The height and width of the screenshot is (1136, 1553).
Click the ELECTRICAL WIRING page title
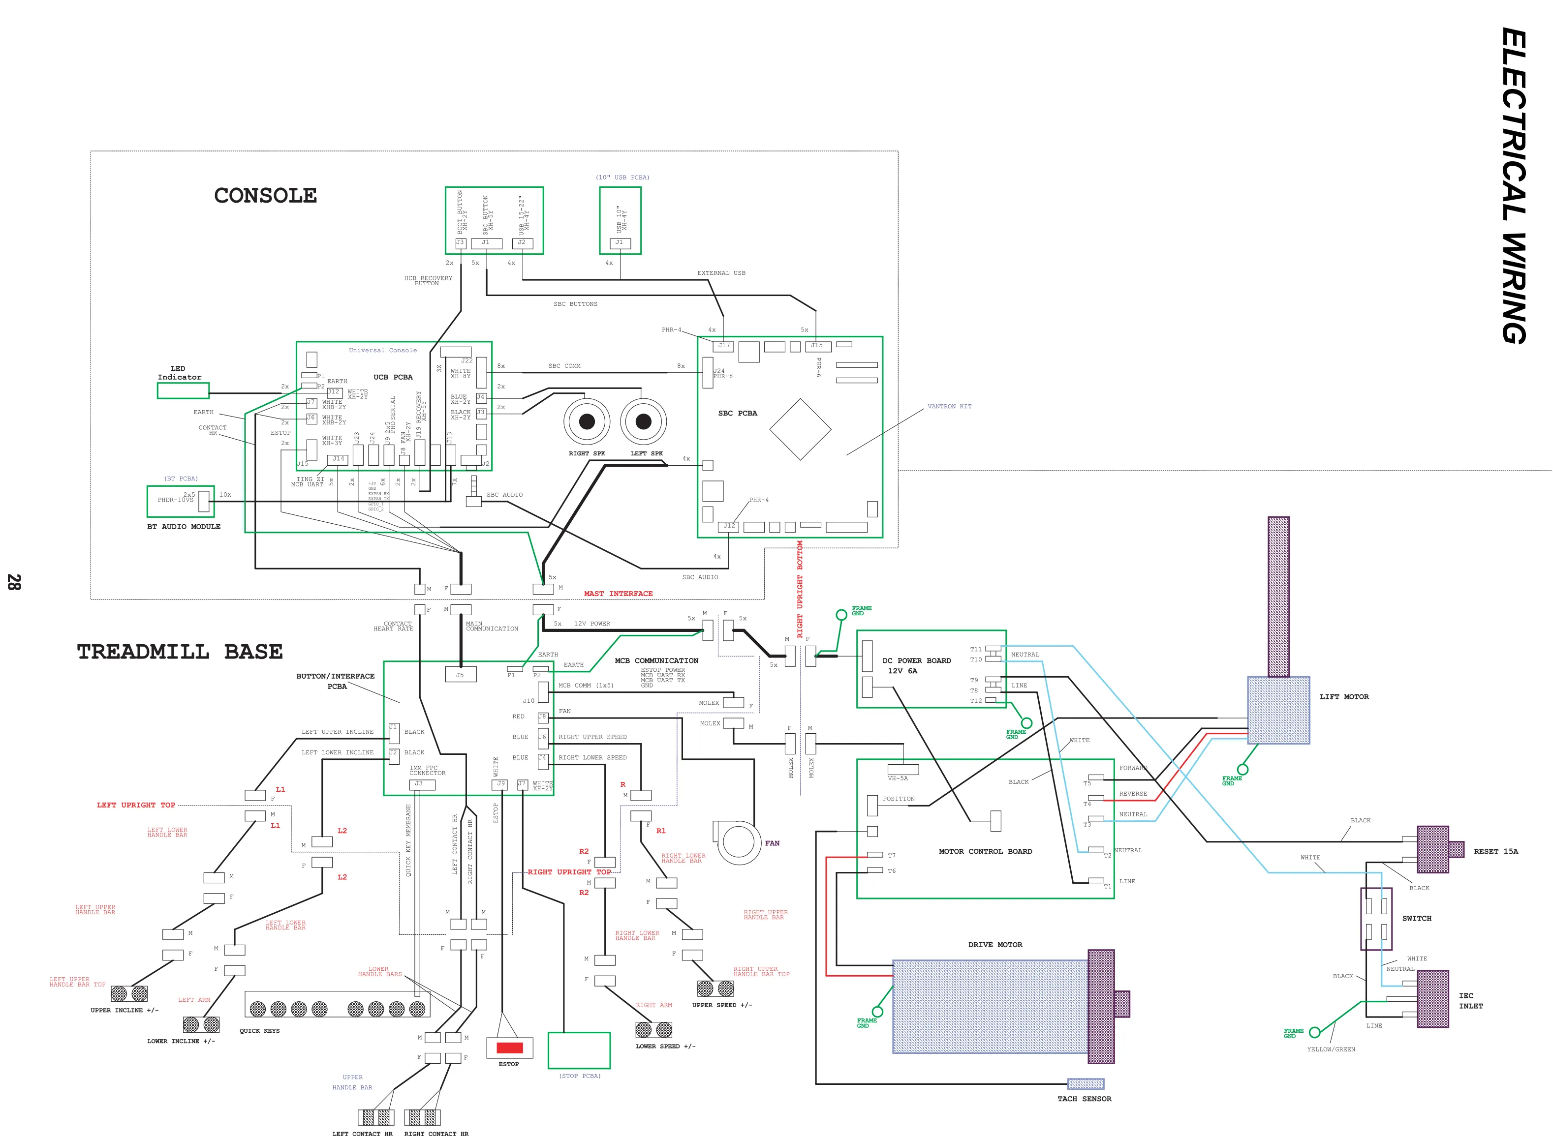click(x=1514, y=186)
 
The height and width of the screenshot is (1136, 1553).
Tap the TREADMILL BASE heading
click(x=180, y=651)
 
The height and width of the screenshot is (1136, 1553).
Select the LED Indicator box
click(x=183, y=390)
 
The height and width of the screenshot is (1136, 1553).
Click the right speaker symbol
click(x=587, y=421)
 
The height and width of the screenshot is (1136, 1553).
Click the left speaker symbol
click(x=643, y=421)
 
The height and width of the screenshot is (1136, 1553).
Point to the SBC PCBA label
click(x=737, y=413)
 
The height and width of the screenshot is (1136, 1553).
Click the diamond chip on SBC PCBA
click(x=800, y=429)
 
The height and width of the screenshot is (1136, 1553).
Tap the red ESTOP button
click(x=509, y=1048)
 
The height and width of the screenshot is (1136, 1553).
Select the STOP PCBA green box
click(x=579, y=1050)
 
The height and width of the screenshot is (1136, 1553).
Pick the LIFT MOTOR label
click(x=1343, y=696)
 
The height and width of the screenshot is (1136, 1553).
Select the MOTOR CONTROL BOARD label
click(x=985, y=851)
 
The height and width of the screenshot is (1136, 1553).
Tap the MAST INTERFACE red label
click(x=618, y=594)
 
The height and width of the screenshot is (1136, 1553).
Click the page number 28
click(x=14, y=582)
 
